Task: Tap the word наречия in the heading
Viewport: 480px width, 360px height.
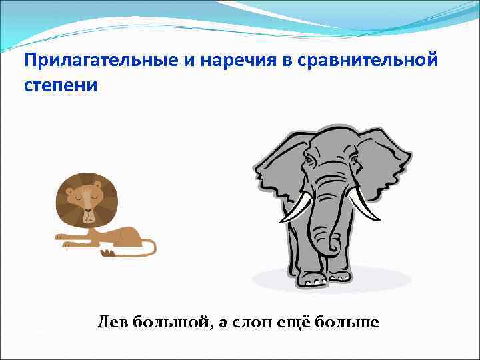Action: pyautogui.click(x=238, y=61)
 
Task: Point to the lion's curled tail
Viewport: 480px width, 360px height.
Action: pyautogui.click(x=151, y=248)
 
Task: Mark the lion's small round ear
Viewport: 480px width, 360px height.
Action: pyautogui.click(x=69, y=191)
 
